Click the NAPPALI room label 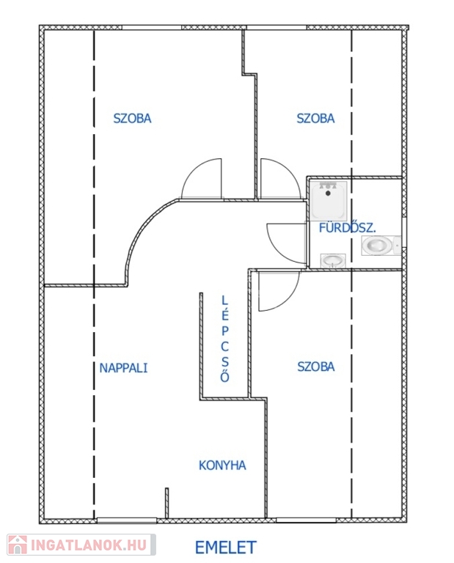123,368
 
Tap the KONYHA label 222,466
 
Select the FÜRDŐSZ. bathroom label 348,228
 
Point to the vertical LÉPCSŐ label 225,339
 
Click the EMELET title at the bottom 226,548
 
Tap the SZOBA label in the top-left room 132,119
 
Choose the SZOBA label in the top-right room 315,119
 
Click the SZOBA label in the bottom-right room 316,367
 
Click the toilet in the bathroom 381,246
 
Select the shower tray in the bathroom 329,201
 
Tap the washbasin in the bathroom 333,261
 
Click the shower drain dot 328,194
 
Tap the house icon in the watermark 18,545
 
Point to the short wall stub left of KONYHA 166,503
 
